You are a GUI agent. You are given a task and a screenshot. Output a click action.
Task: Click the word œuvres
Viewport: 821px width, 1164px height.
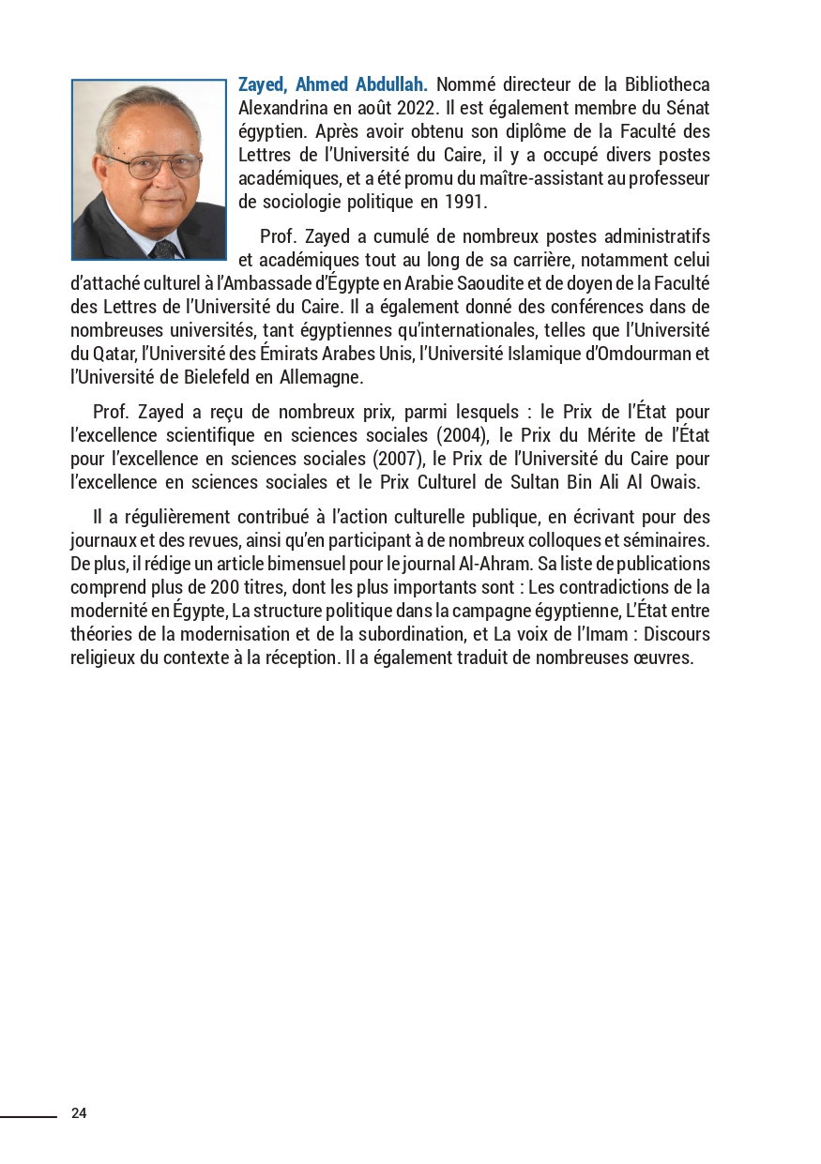pos(663,658)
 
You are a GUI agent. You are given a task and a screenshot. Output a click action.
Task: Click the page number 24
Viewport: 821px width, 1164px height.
pos(79,1113)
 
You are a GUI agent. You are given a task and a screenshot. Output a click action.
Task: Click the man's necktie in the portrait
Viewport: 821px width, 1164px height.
pos(163,249)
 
